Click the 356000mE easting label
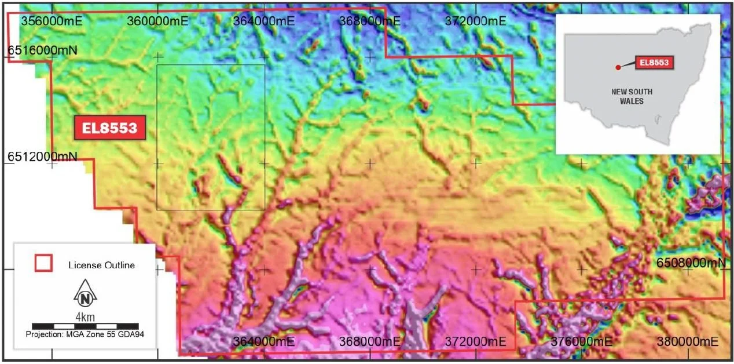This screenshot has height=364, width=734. tap(52, 20)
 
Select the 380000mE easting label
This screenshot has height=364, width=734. tap(688, 341)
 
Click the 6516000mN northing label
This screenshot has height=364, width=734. tap(42, 51)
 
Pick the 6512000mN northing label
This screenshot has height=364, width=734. tap(42, 156)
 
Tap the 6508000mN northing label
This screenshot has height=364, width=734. tap(691, 263)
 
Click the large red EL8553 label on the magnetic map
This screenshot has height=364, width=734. tap(109, 128)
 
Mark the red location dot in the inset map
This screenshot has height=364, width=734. tap(618, 68)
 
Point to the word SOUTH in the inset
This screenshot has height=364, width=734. tap(641, 92)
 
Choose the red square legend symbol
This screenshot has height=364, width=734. tap(44, 263)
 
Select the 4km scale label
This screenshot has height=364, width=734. tap(85, 316)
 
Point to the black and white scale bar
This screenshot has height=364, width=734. tap(85, 326)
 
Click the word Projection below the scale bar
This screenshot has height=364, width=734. tap(45, 335)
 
